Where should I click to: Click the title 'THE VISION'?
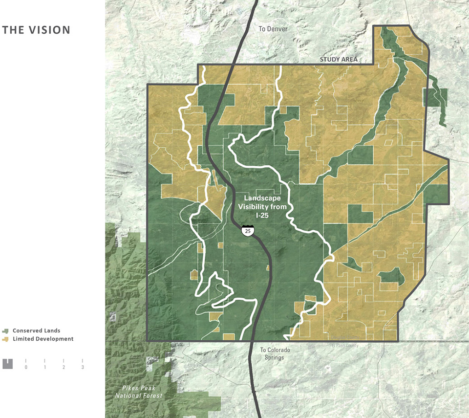pos(36,30)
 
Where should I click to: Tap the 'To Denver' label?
pos(273,29)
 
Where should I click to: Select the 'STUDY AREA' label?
pos(339,60)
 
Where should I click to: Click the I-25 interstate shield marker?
pos(248,230)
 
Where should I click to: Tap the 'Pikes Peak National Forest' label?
pos(139,392)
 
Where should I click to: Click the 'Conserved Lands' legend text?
pos(36,331)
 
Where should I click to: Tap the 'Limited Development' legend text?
pos(43,339)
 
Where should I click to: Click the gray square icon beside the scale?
pos(7,364)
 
